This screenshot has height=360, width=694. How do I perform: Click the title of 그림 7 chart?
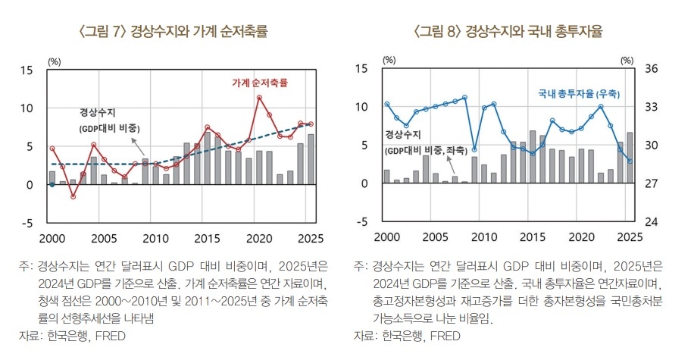(173, 32)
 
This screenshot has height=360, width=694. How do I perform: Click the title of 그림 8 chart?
(513, 32)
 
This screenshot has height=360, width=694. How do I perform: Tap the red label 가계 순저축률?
(260, 82)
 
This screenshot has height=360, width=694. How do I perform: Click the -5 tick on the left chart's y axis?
(27, 223)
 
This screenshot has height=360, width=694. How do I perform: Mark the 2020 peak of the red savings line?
(259, 98)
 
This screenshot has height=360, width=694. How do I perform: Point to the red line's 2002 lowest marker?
(73, 196)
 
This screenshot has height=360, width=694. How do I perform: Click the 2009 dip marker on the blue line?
(474, 149)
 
